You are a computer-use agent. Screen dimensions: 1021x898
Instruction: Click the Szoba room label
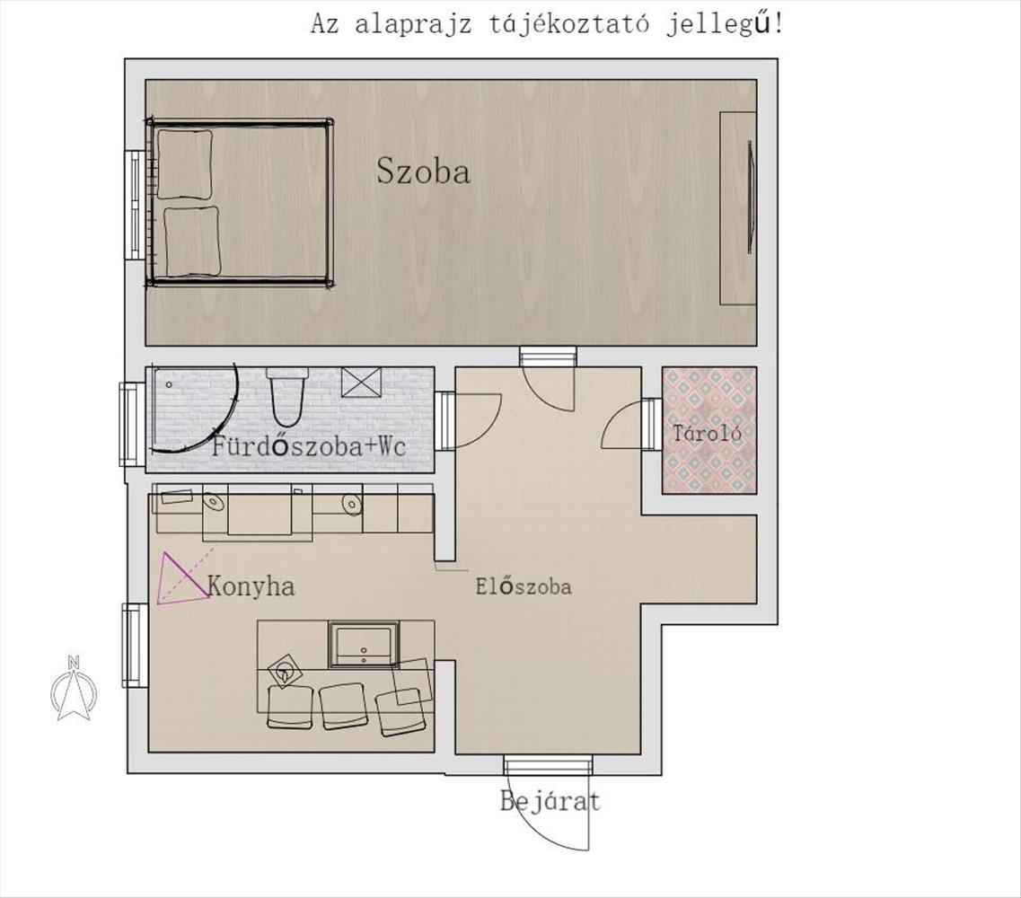[423, 172]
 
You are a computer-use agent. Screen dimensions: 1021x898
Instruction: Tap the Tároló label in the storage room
[707, 433]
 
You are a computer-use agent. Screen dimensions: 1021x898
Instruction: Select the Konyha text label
[251, 586]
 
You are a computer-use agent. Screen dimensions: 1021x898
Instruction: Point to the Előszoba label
[524, 586]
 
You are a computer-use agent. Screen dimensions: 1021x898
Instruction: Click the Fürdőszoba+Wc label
[309, 446]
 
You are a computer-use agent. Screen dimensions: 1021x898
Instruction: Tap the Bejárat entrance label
[550, 801]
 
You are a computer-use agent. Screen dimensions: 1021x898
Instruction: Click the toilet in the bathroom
[286, 397]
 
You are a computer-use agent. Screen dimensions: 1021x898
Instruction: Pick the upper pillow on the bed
[185, 164]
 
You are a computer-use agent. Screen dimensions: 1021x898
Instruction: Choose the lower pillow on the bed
[191, 242]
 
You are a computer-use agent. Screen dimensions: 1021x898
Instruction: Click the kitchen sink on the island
[364, 644]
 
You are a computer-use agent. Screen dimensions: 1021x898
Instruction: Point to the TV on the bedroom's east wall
[750, 197]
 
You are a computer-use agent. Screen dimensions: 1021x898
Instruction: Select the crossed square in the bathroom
[361, 382]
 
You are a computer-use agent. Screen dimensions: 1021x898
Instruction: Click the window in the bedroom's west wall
[136, 206]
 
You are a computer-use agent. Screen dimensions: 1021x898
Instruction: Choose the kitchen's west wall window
[135, 646]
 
